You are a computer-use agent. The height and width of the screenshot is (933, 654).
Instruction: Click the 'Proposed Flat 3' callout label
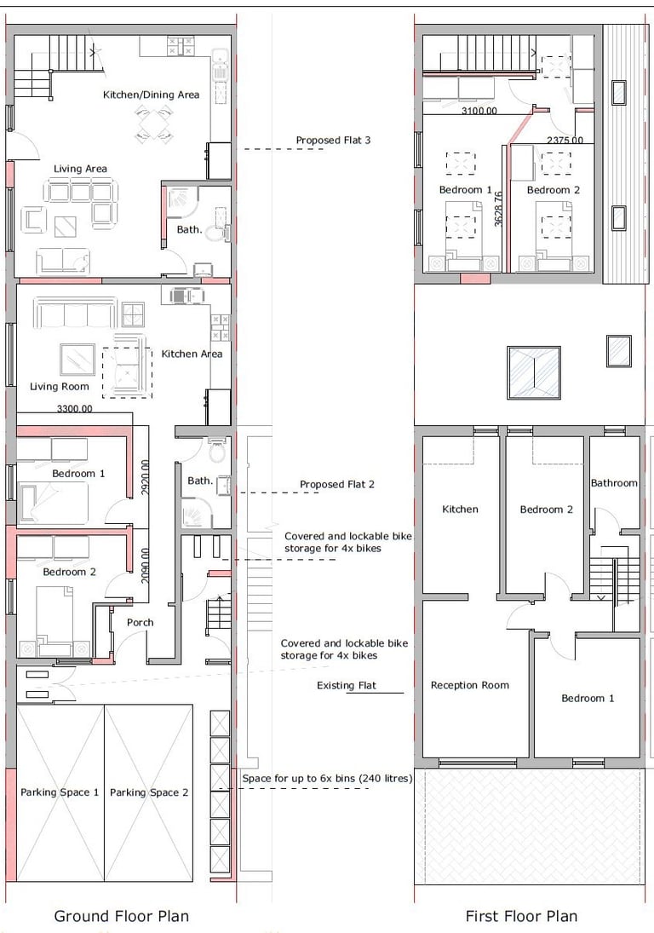click(333, 141)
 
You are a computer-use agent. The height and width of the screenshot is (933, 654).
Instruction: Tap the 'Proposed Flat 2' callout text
click(337, 484)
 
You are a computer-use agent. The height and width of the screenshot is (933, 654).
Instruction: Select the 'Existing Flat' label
click(346, 685)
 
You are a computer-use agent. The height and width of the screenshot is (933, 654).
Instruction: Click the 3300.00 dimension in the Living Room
click(75, 409)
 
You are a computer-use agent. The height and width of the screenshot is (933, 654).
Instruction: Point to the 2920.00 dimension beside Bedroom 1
click(145, 476)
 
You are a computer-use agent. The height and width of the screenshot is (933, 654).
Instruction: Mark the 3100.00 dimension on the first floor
click(479, 111)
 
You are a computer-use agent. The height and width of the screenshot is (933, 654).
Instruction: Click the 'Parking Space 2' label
click(149, 792)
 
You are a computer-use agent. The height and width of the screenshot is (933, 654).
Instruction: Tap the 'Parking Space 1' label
click(60, 792)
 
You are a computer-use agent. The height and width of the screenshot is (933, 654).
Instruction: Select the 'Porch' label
click(141, 622)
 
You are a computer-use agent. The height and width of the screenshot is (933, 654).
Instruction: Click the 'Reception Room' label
click(470, 685)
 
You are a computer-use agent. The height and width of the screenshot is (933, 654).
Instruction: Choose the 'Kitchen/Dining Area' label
click(151, 95)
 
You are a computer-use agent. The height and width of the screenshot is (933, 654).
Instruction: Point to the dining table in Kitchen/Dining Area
click(154, 124)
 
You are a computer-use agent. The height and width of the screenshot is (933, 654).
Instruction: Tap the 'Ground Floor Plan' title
click(121, 916)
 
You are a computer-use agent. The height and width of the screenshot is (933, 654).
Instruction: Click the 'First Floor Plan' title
click(521, 916)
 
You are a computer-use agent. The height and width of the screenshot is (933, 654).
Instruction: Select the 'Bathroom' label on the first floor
click(614, 483)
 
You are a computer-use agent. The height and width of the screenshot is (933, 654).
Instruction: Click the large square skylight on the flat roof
click(534, 373)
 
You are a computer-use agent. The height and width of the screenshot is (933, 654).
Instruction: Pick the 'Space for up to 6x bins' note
click(327, 778)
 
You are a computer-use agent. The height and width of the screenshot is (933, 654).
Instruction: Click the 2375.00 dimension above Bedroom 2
click(565, 141)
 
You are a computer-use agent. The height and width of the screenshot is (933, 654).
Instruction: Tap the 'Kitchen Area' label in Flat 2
click(192, 354)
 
